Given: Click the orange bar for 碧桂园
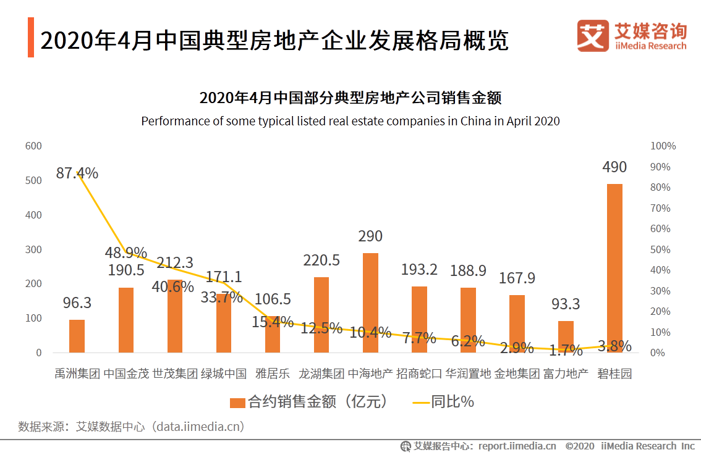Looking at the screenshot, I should tap(614, 268).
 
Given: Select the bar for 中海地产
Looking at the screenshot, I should tap(370, 303).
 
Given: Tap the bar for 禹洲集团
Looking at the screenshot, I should tap(77, 336).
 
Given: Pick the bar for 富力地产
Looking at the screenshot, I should tap(566, 336).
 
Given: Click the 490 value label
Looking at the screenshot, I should tap(614, 167).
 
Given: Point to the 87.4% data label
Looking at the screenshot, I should tap(77, 173).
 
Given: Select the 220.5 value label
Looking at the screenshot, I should tap(321, 261).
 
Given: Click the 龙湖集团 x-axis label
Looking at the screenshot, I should tap(321, 374).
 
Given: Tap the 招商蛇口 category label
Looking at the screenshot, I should tap(419, 374).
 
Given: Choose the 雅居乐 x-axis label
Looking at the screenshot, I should tap(272, 374).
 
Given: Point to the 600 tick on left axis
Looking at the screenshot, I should tap(33, 146).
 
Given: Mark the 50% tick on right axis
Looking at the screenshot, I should tap(660, 249).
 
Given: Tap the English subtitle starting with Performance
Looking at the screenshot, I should tap(350, 121).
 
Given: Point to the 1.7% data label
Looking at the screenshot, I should tap(566, 351).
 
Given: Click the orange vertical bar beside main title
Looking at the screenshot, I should tap(31, 38).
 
